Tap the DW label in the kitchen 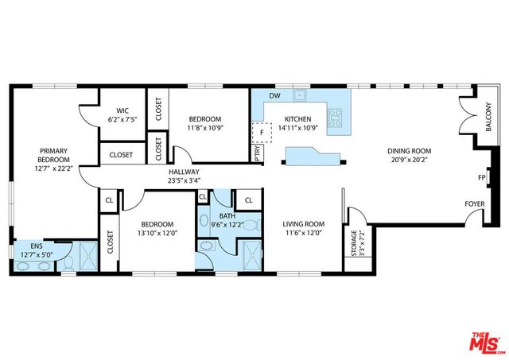click(274, 96)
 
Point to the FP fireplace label click(481, 177)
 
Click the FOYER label click(475, 203)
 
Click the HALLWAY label click(183, 172)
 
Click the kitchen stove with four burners click(336, 118)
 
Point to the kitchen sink click(301, 96)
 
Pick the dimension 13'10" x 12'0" click(156, 232)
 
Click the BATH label click(227, 215)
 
